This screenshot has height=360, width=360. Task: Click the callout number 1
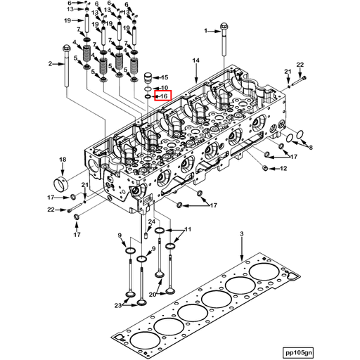pos(207,31)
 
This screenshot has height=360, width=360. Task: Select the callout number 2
pos(51,64)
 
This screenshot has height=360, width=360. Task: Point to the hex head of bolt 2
pos(65,49)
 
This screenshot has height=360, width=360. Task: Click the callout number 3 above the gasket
pos(240,233)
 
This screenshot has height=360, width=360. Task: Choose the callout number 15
pos(165,77)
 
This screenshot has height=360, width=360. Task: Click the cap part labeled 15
pos(148,77)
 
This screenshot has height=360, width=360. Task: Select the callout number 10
pos(165,87)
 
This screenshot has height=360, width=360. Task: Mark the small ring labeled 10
pos(148,89)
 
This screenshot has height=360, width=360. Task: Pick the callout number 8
pos(311,148)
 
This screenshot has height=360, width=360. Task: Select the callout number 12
pos(283,169)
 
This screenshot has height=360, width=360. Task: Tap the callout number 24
pos(151,222)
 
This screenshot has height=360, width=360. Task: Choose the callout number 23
pos(118,304)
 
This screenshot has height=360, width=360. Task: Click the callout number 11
pos(188,230)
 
